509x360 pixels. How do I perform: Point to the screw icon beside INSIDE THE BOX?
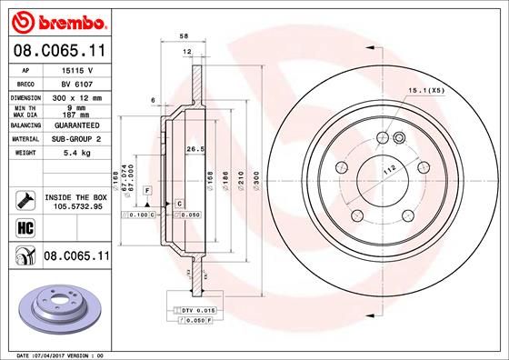pyautogui.click(x=25, y=199)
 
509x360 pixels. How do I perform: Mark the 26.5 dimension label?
pyautogui.click(x=193, y=149)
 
